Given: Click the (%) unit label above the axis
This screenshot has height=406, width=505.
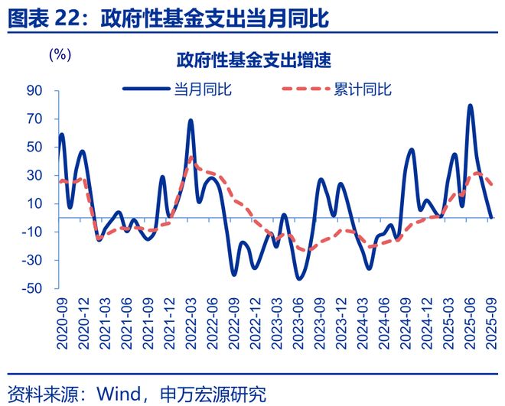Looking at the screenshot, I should point(60,55).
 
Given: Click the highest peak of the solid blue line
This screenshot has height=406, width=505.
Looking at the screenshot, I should point(470,106).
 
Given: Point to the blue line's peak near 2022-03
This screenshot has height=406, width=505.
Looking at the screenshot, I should point(191,121).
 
